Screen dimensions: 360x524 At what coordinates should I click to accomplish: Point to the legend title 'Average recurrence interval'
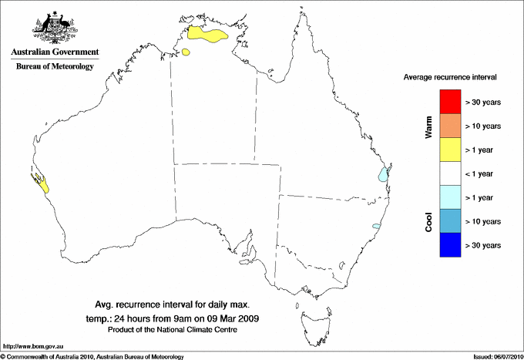(x=450, y=78)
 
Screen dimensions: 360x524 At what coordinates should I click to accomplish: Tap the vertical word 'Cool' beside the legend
(x=428, y=220)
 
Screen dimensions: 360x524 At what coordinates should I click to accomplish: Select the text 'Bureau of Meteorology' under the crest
(x=55, y=67)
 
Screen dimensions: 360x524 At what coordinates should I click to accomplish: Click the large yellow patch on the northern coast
(x=209, y=35)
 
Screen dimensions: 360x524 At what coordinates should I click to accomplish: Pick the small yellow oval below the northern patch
(x=186, y=52)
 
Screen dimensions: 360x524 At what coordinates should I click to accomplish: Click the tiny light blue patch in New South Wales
(x=376, y=226)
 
